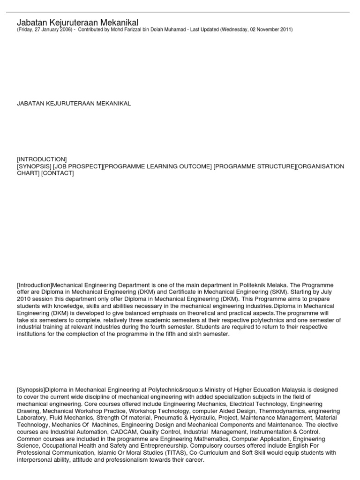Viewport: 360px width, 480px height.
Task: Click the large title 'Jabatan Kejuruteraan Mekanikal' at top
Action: pyautogui.click(x=78, y=22)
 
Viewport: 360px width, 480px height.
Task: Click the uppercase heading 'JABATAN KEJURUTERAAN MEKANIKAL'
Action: pyautogui.click(x=74, y=103)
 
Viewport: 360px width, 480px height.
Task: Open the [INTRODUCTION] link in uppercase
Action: pyautogui.click(x=42, y=159)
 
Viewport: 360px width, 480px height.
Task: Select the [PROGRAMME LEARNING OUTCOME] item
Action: pyautogui.click(x=157, y=166)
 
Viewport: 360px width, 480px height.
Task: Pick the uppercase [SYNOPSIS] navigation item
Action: pyautogui.click(x=34, y=166)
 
